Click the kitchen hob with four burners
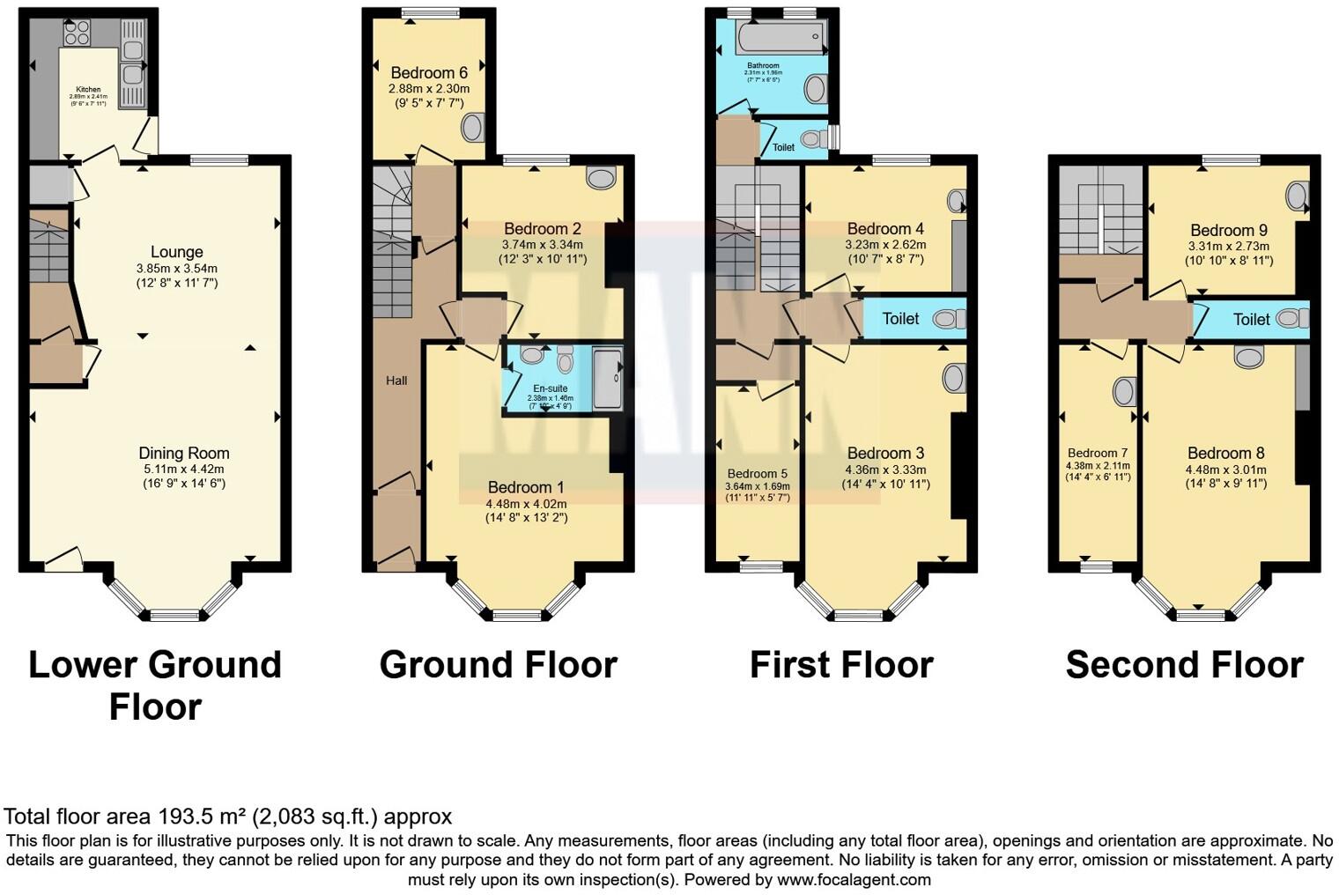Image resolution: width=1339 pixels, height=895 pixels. [77, 33]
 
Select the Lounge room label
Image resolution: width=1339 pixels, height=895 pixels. [176, 252]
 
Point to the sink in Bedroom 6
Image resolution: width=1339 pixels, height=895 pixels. [473, 128]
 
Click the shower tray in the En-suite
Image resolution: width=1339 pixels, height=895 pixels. [608, 379]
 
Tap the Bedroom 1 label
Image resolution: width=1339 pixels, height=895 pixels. [526, 487]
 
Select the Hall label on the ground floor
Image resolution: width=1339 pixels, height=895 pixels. [396, 381]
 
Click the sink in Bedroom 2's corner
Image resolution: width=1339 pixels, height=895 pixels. [603, 178]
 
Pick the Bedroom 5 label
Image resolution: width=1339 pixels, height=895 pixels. [757, 473]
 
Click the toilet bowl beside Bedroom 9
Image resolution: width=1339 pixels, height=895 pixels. [1292, 319]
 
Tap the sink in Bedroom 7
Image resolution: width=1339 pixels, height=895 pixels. [1123, 391]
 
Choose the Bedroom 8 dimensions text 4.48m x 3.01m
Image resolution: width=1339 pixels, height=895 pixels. [1224, 470]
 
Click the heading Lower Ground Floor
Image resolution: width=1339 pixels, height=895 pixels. [155, 685]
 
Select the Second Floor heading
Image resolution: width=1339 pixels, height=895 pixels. [1184, 665]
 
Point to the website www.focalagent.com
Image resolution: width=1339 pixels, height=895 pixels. [854, 879]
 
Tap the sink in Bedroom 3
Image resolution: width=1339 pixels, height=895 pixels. [953, 379]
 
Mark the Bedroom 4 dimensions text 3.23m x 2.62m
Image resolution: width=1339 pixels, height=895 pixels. [885, 245]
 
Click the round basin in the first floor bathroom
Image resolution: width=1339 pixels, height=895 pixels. [816, 88]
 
